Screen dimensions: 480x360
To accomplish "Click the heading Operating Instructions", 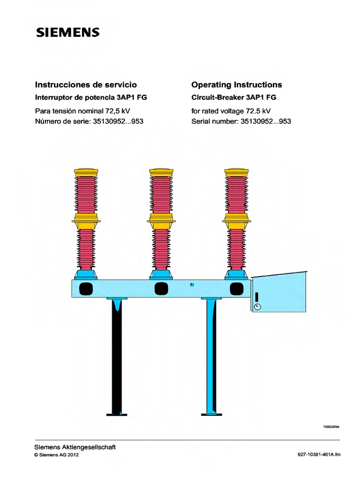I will coord(236,85).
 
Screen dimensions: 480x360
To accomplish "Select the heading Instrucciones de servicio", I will coord(86,85).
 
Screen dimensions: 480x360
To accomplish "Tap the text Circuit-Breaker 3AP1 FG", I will coord(233,98).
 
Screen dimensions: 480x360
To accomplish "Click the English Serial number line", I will coord(241,121).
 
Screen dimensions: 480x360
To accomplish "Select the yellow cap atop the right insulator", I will coord(236,173).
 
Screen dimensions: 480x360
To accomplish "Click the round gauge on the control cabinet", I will coord(257,307).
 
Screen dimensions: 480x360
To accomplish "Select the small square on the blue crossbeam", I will coord(191,285).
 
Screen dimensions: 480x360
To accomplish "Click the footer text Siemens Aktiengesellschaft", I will coord(75,447).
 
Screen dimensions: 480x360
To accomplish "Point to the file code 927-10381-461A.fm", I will coord(320,455).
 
